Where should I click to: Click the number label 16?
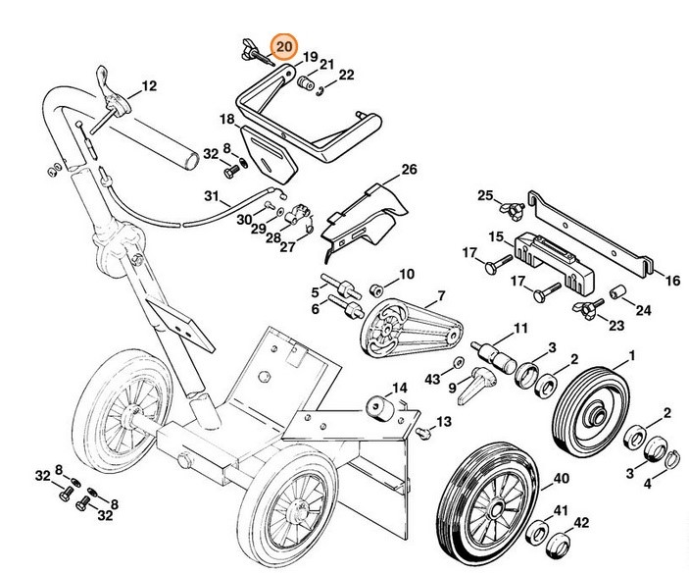point(671,282)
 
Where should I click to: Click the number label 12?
point(148,86)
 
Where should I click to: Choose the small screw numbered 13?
point(423,431)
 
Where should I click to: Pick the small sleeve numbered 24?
point(619,292)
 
